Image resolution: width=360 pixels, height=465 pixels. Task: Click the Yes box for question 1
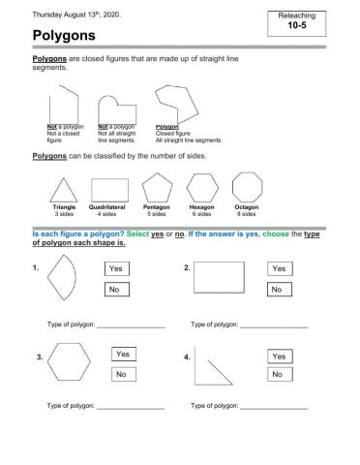(x=117, y=268)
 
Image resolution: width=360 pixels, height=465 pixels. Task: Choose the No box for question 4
(x=280, y=374)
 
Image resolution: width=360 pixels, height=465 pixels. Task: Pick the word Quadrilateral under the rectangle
(x=108, y=206)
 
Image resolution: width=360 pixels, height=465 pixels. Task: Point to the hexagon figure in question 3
(x=69, y=364)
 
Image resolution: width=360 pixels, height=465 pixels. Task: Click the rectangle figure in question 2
(x=220, y=278)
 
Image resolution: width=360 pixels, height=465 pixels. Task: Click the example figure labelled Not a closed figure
(x=66, y=104)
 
